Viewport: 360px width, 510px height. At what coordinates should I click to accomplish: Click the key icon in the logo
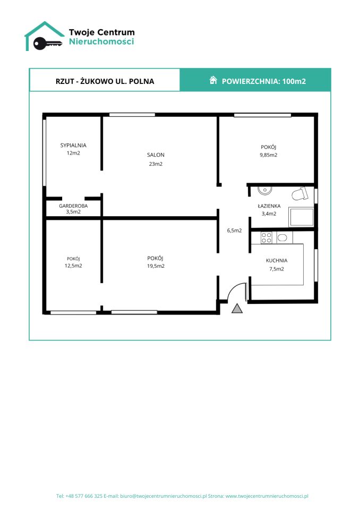[x=47, y=43]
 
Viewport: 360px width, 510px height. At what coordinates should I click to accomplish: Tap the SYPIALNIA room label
[x=73, y=146]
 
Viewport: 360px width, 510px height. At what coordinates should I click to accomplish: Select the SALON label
[x=156, y=155]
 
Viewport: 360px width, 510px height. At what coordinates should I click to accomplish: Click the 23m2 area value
[x=156, y=164]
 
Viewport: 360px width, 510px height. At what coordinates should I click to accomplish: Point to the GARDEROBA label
[x=73, y=206]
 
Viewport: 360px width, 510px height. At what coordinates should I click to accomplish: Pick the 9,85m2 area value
[x=268, y=155]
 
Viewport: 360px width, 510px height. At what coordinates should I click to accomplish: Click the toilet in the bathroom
[x=299, y=193]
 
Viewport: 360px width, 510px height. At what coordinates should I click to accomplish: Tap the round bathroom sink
[x=265, y=190]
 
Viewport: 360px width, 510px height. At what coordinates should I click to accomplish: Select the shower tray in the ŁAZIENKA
[x=302, y=217]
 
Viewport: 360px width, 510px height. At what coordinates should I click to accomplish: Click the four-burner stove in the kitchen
[x=267, y=237]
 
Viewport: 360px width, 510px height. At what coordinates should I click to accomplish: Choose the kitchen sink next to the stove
[x=282, y=238]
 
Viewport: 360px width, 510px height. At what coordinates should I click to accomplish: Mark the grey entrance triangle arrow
[x=237, y=308]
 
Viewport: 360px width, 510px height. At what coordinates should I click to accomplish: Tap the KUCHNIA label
[x=277, y=260]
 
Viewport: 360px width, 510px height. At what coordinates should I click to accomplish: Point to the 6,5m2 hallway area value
[x=234, y=231]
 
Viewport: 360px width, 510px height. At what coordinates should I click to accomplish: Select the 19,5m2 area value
[x=156, y=266]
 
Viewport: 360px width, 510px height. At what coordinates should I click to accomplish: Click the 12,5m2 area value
[x=73, y=266]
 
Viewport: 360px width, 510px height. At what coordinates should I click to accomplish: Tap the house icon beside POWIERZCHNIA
[x=213, y=80]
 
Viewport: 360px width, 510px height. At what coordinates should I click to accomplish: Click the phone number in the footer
[x=84, y=496]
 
